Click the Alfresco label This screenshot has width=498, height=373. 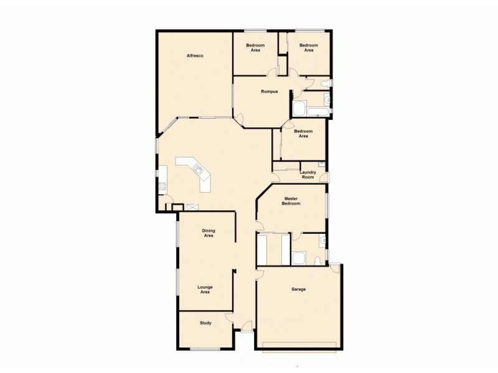pyautogui.click(x=195, y=56)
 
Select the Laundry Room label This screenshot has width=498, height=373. pyautogui.click(x=308, y=175)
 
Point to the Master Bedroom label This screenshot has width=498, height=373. pyautogui.click(x=291, y=201)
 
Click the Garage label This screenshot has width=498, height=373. pyautogui.click(x=298, y=289)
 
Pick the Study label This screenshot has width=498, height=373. pyautogui.click(x=205, y=323)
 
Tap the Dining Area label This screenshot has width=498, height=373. pyautogui.click(x=208, y=233)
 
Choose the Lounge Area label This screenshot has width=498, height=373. pyautogui.click(x=205, y=289)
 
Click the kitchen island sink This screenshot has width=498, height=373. pyautogui.click(x=199, y=168)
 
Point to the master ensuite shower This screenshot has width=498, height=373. pyautogui.click(x=299, y=257)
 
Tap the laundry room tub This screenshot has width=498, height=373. pyautogui.click(x=321, y=165)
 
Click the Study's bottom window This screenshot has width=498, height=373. pyautogui.click(x=205, y=349)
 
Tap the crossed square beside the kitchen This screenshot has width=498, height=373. pyautogui.click(x=192, y=207)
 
